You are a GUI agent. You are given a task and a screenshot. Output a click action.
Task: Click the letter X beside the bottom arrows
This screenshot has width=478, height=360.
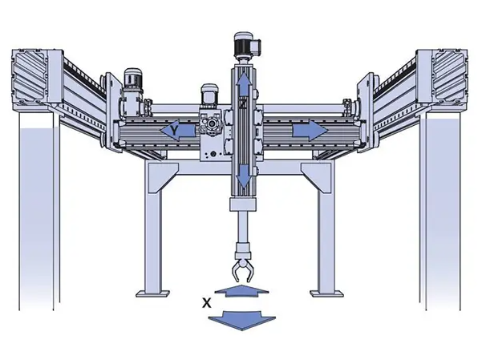click(207, 303)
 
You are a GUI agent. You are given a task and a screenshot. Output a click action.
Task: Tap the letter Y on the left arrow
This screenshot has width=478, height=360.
click(174, 131)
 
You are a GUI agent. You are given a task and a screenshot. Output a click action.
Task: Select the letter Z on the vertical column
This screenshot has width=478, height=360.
click(243, 103)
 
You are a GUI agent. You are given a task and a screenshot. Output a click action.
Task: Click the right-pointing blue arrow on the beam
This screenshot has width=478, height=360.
click(310, 131)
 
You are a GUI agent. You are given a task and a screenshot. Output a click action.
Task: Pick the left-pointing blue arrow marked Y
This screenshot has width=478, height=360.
click(178, 131)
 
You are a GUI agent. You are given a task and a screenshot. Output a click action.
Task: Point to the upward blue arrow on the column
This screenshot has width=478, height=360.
click(243, 85)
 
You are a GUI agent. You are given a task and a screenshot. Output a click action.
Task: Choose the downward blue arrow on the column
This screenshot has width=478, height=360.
click(244, 176)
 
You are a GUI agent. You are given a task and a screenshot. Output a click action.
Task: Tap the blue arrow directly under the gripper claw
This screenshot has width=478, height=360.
click(241, 291)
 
